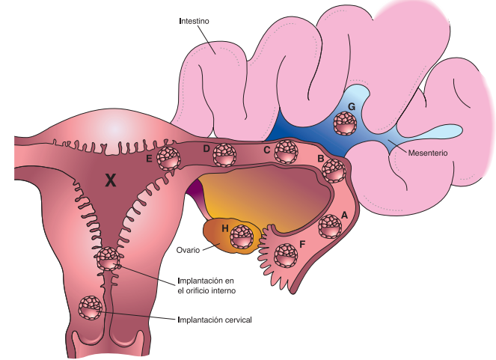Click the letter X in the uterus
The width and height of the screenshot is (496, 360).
click(111, 180)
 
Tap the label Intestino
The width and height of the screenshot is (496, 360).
click(194, 21)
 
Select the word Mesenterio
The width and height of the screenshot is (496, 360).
click(428, 153)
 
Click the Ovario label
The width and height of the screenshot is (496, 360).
click(191, 250)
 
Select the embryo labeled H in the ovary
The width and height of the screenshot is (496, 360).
click(242, 237)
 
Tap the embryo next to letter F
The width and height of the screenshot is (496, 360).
click(284, 256)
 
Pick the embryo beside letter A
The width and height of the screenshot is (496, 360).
click(330, 225)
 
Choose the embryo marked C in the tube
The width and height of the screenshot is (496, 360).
click(285, 152)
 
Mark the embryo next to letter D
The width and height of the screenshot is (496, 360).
click(224, 155)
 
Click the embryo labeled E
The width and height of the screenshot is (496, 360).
click(169, 159)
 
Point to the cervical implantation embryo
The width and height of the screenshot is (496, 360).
click(92, 307)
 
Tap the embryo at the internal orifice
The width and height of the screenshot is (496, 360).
click(108, 259)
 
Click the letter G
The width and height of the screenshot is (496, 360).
click(351, 107)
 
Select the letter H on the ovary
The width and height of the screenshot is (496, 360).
click(224, 227)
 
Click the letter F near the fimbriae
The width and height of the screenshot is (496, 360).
click(301, 243)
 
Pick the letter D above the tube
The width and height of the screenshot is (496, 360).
click(206, 148)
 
